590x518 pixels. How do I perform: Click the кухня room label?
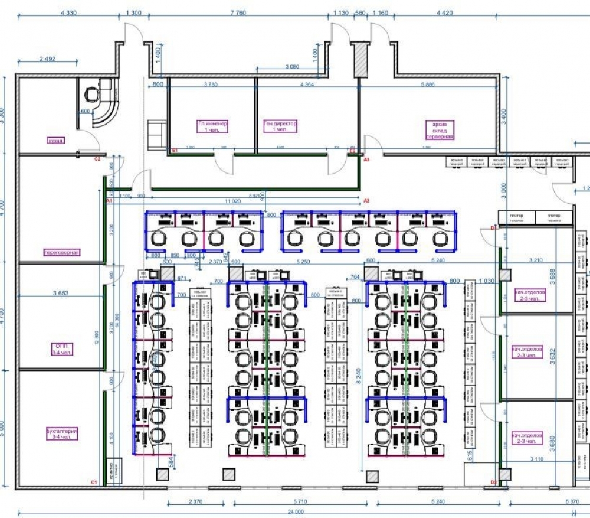click(56, 141)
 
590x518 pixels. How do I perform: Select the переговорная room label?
click(61, 252)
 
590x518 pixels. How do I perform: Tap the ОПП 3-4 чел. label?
click(61, 349)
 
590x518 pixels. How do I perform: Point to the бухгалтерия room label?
click(62, 434)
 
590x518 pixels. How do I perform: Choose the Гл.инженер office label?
click(212, 127)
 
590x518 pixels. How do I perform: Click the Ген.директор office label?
click(281, 127)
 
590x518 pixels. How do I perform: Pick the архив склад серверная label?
click(439, 130)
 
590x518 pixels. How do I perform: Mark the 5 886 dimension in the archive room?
click(428, 85)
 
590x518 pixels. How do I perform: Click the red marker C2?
click(99, 159)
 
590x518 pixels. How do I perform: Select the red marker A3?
click(366, 159)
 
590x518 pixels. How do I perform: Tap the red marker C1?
click(93, 483)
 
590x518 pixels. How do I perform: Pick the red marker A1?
click(109, 201)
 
